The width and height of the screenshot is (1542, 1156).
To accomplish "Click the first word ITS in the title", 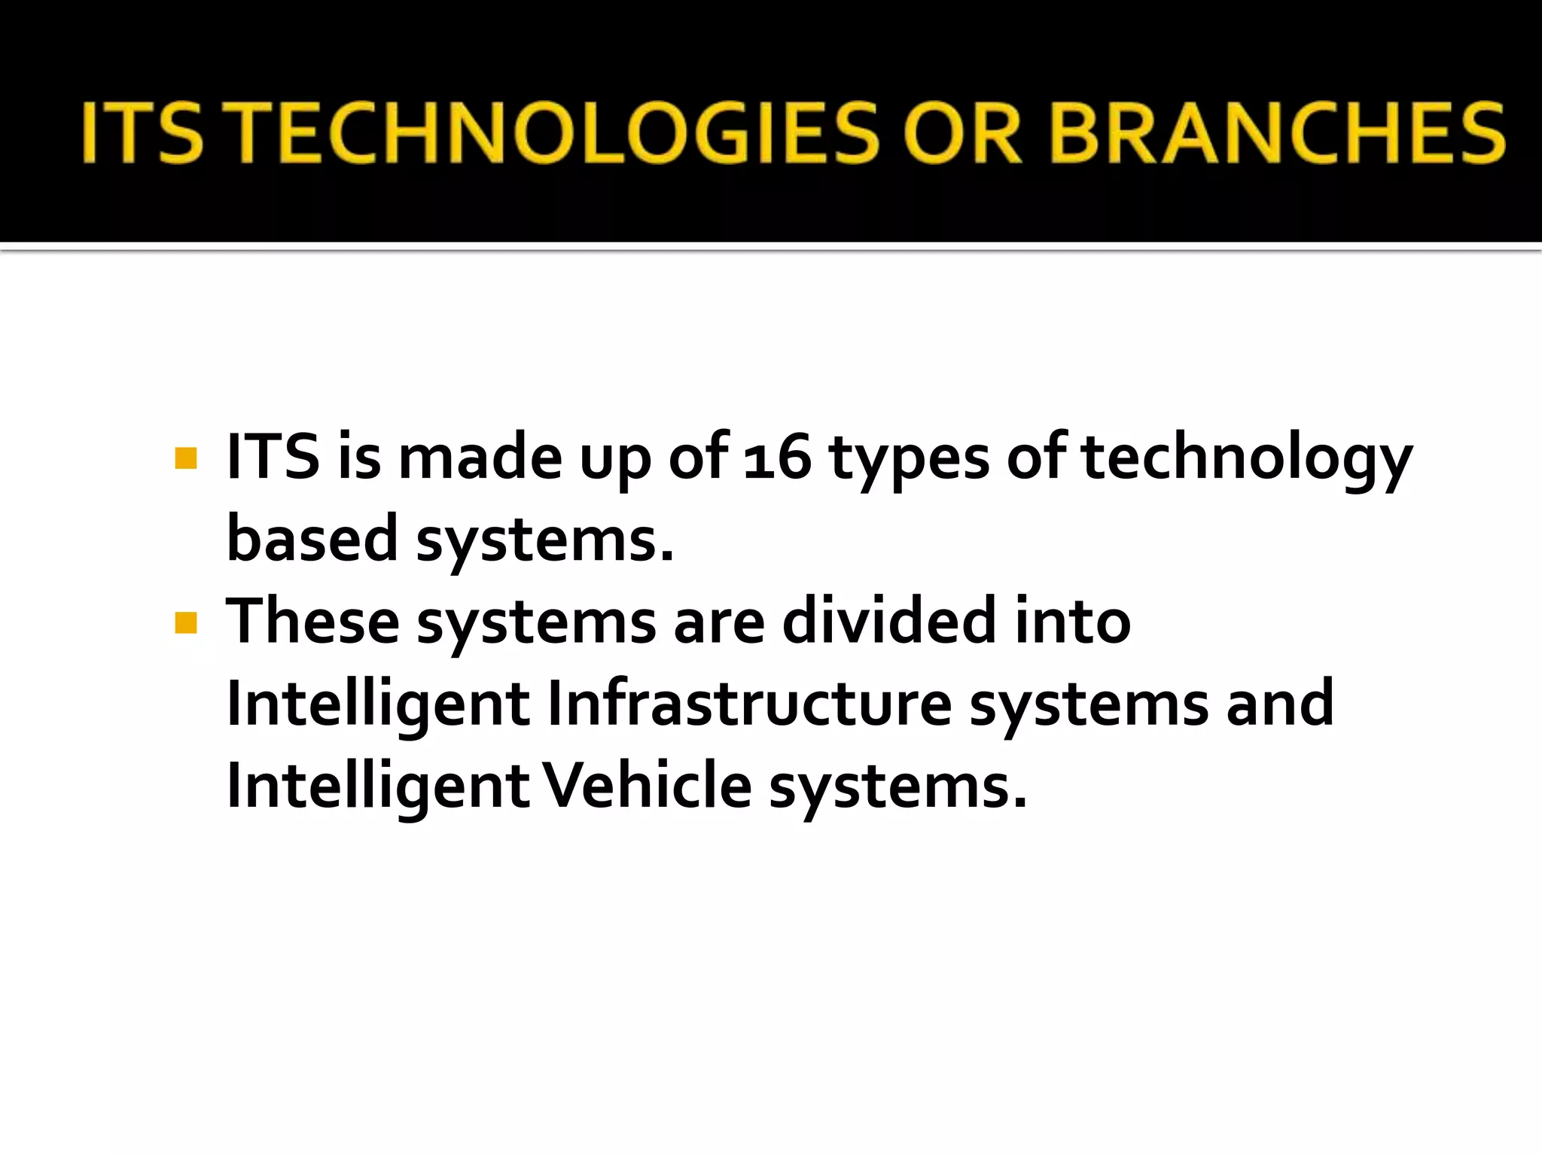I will [143, 133].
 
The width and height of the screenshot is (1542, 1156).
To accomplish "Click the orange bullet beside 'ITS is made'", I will [185, 458].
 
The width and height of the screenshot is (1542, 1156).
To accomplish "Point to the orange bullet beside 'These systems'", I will [185, 622].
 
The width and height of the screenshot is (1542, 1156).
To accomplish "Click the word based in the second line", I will [312, 539].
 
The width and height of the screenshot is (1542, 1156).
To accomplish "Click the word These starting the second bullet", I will [312, 621].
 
